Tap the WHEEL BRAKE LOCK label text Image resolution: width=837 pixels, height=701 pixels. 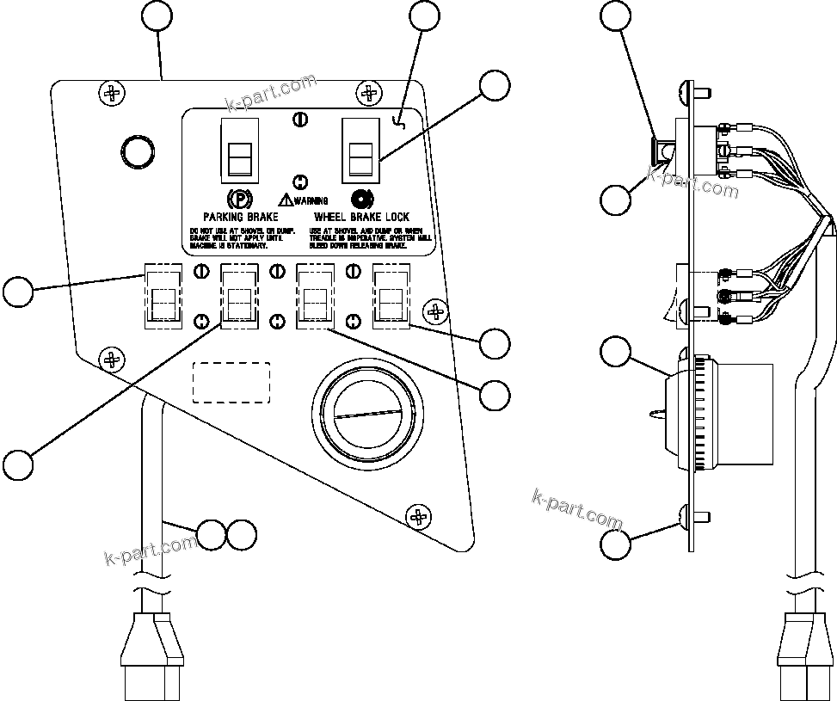click(361, 217)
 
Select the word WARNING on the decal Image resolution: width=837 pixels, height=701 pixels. click(311, 200)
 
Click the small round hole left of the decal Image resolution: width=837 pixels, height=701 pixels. click(137, 152)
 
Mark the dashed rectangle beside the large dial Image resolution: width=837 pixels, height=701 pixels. click(231, 382)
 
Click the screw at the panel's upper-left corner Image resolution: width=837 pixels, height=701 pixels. click(111, 91)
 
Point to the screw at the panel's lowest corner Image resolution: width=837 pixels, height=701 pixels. click(419, 516)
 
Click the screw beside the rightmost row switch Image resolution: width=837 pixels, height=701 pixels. click(436, 311)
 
